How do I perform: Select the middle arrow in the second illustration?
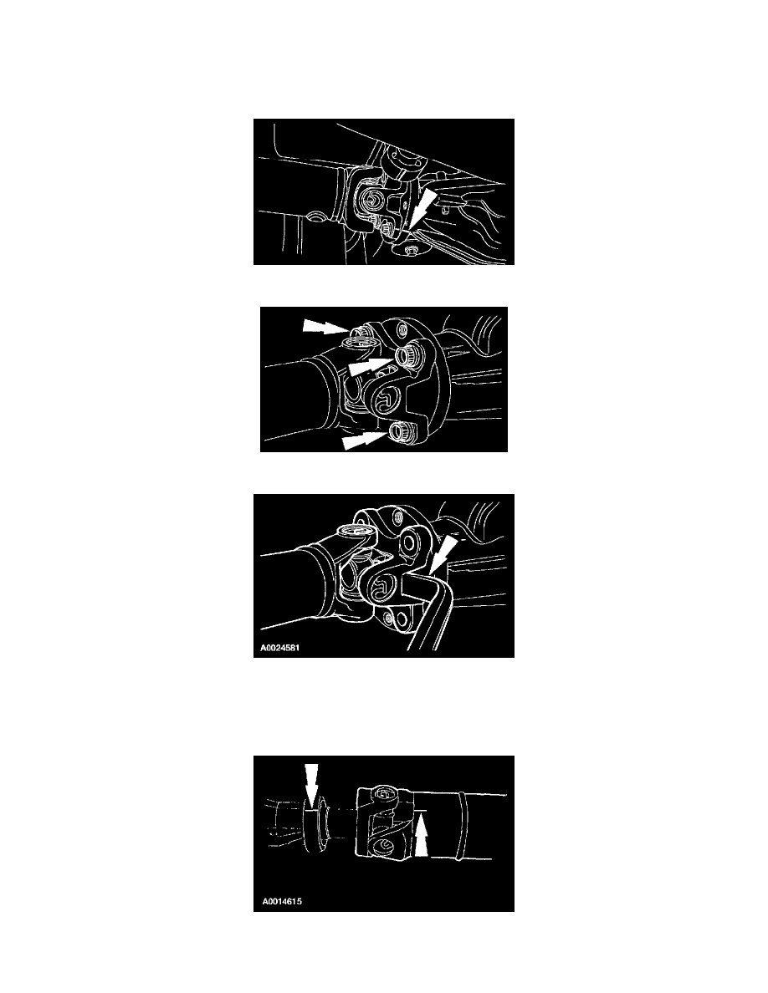coord(371,364)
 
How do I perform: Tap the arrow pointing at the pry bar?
coord(443,553)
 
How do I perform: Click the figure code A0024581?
coord(280,648)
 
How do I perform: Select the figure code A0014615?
coord(281,900)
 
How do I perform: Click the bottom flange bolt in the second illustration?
coord(400,432)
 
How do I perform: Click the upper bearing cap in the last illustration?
coord(385,793)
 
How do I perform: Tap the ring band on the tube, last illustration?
coord(463,824)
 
